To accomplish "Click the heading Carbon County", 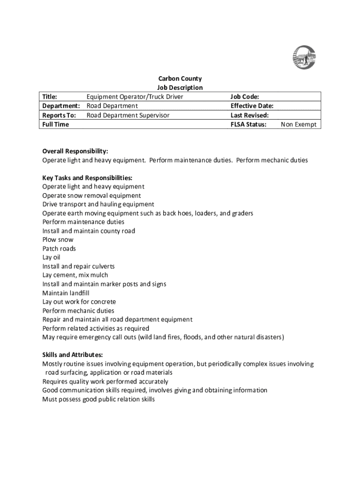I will [x=180, y=79].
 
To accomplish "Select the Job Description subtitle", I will [x=180, y=87].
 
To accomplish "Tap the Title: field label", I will [x=50, y=97].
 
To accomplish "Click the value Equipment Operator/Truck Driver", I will [x=135, y=97].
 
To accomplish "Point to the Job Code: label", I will [x=245, y=97].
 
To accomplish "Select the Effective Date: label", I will [x=252, y=106].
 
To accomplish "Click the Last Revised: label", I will [x=250, y=115].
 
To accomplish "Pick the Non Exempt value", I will [x=299, y=124].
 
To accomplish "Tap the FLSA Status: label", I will [x=249, y=124].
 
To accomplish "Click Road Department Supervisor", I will [x=128, y=115].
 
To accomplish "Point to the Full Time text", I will [x=56, y=124].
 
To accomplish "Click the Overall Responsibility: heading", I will [x=75, y=151].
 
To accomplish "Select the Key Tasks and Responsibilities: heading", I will [x=87, y=178].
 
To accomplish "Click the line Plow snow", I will [x=58, y=240].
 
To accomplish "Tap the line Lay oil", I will [x=51, y=257].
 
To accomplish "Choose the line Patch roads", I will [x=59, y=248].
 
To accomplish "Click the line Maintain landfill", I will [x=66, y=293].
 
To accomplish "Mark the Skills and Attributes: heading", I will [x=73, y=355].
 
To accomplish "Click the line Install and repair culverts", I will [x=79, y=266].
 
